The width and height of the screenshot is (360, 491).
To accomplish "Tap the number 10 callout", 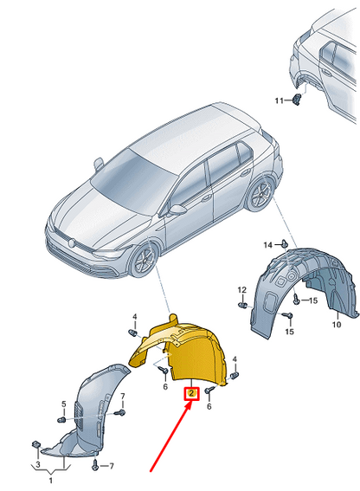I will pyautogui.click(x=337, y=325).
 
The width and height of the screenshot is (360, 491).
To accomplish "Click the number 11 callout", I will pyautogui.click(x=280, y=101).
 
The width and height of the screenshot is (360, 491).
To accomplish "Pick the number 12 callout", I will pyautogui.click(x=242, y=288).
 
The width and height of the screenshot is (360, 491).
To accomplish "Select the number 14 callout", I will pyautogui.click(x=267, y=245).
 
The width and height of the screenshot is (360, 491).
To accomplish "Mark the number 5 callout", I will pyautogui.click(x=62, y=404).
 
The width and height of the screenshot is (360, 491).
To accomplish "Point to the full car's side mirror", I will pyautogui.click(x=177, y=210).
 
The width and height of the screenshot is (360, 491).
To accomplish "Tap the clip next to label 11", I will pyautogui.click(x=298, y=100).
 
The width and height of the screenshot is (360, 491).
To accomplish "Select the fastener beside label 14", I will pyautogui.click(x=284, y=246).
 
